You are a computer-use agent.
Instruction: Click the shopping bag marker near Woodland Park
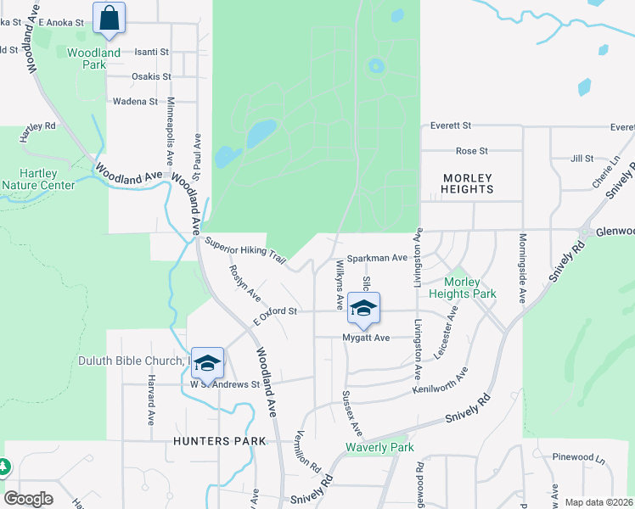110,19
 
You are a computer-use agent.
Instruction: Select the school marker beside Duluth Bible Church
207,363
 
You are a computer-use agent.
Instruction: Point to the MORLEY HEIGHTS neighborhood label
467,183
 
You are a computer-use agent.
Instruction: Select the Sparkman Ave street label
378,257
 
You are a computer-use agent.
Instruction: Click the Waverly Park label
379,448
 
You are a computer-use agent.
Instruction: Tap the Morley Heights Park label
462,288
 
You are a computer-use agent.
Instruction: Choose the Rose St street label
472,151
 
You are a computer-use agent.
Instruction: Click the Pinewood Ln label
582,457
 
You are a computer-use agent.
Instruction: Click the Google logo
28,498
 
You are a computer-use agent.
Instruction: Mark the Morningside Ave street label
523,267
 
